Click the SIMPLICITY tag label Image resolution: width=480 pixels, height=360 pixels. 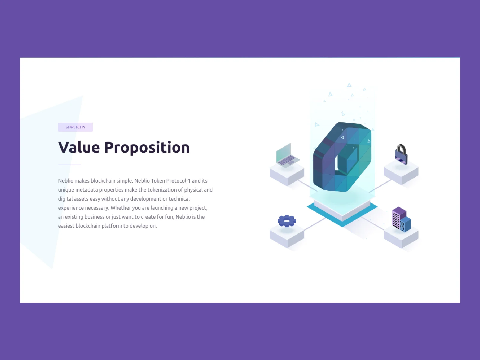75,127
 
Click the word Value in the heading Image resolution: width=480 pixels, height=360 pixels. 79,147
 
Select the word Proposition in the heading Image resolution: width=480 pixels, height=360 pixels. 147,148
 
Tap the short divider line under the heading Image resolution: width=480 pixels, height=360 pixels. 70,165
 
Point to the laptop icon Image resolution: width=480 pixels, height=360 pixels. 287,156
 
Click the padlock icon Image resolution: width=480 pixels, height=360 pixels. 401,154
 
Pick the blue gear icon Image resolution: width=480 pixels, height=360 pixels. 287,221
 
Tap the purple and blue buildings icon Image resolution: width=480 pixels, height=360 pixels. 401,219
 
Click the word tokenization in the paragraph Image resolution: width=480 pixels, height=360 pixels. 162,190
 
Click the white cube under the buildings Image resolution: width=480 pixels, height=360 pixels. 401,237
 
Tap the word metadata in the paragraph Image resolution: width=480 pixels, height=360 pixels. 87,190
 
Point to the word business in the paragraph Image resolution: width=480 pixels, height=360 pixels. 94,217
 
